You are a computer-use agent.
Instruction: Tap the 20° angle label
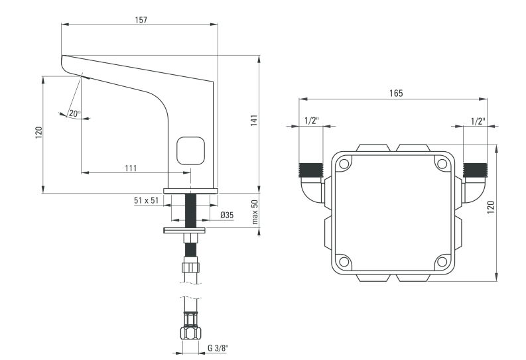pyautogui.click(x=74, y=113)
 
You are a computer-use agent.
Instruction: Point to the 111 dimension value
pyautogui.click(x=130, y=168)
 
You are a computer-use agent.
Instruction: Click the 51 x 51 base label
pyautogui.click(x=145, y=200)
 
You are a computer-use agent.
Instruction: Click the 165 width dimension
pyautogui.click(x=395, y=93)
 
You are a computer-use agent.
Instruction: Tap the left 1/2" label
pyautogui.click(x=311, y=121)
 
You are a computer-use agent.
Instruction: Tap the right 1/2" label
pyautogui.click(x=477, y=121)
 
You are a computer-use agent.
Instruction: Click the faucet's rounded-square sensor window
pyautogui.click(x=191, y=150)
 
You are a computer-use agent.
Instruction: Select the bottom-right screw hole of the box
pyautogui.click(x=441, y=261)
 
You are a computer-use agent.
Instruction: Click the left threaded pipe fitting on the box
pyautogui.click(x=310, y=168)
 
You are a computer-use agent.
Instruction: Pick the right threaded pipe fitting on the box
pyautogui.click(x=475, y=168)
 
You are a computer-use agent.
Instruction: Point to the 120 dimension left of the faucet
pyautogui.click(x=38, y=132)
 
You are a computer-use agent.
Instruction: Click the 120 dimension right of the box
pyautogui.click(x=490, y=207)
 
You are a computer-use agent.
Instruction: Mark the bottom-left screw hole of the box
pyautogui.click(x=344, y=261)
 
